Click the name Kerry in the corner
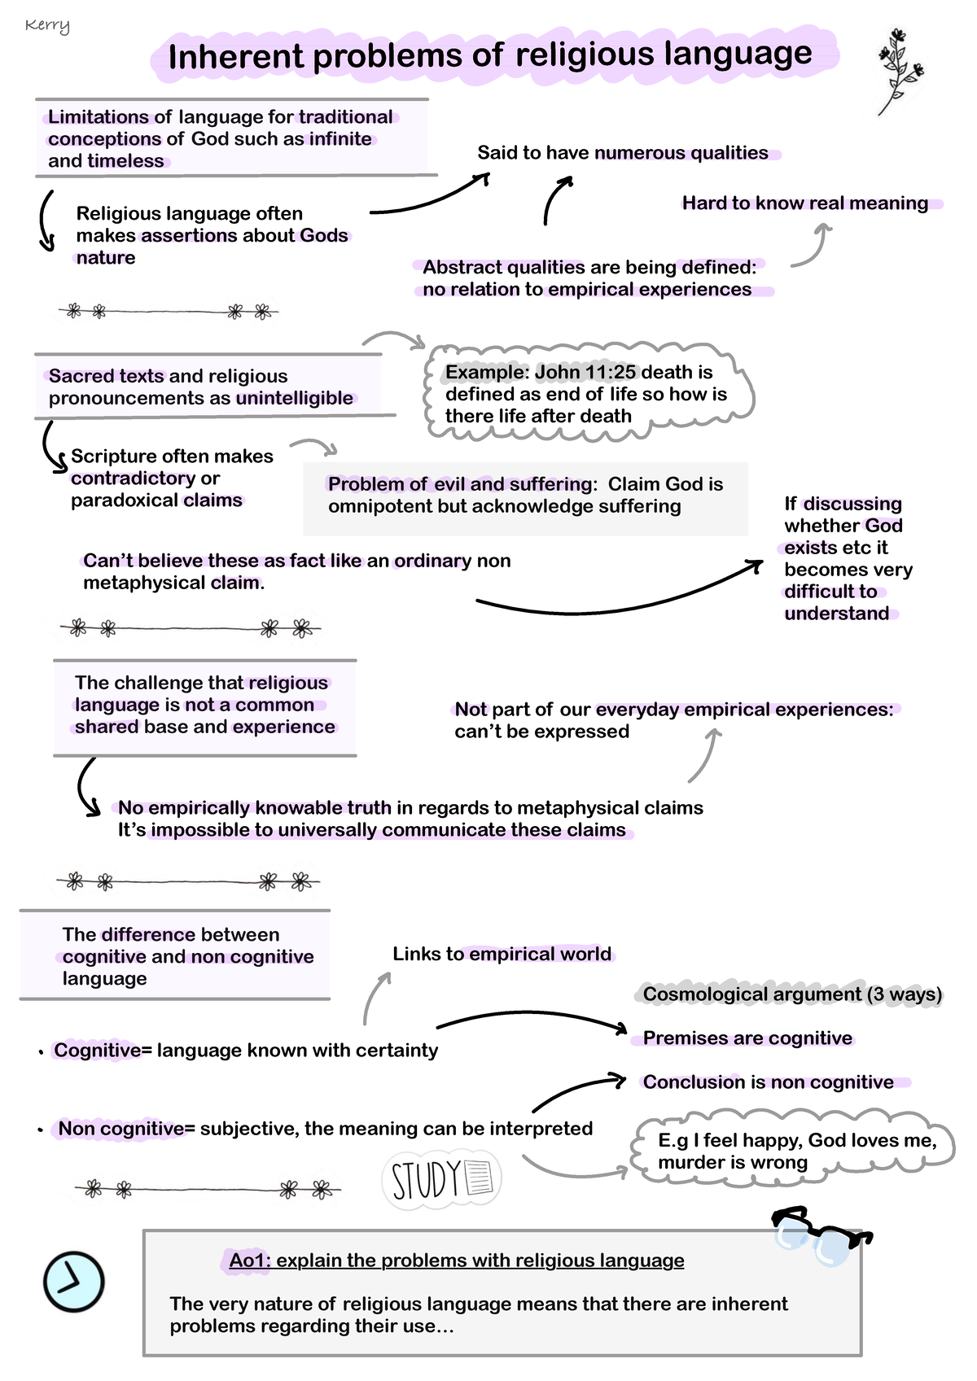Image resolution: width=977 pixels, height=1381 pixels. [47, 25]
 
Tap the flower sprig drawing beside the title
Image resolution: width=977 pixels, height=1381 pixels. [899, 71]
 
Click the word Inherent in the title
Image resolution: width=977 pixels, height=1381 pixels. [236, 57]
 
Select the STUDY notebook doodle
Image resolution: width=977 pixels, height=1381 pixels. [441, 1179]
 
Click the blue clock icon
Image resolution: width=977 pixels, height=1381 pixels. [73, 1281]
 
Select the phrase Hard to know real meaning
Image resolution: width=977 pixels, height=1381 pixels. [804, 203]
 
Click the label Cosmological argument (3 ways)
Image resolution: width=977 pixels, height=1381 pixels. [791, 994]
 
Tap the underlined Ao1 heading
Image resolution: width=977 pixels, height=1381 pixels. [456, 1261]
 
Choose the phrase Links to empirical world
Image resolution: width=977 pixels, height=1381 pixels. [502, 954]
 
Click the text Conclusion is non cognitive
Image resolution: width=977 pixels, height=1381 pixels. [768, 1082]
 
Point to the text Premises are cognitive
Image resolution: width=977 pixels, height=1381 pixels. [747, 1038]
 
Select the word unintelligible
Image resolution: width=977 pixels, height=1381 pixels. [294, 398]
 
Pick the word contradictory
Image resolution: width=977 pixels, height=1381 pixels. [133, 479]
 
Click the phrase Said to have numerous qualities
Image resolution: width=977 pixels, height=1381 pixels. [622, 153]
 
